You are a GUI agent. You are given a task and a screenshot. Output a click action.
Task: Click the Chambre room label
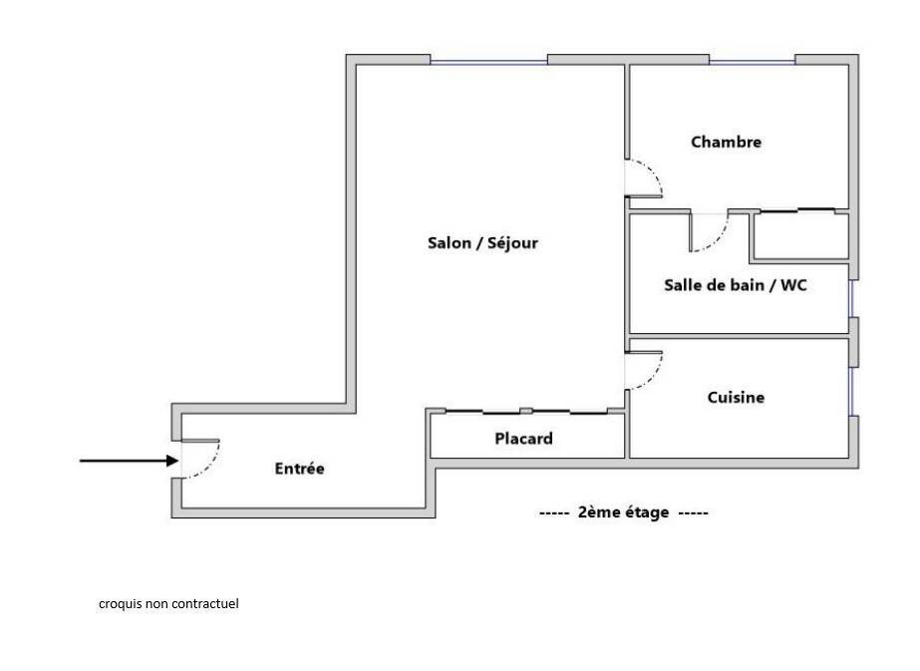click(726, 142)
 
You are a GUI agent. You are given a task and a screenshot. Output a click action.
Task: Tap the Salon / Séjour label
click(482, 242)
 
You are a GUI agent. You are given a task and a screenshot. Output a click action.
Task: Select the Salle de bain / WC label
click(736, 285)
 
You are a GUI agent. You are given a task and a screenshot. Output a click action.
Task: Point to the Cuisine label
click(736, 398)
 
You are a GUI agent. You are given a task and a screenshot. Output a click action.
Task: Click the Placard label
click(523, 439)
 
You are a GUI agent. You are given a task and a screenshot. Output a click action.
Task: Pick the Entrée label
click(299, 469)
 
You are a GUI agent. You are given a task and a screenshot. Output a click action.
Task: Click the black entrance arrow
click(130, 461)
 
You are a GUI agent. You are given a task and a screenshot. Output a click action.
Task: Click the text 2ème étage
click(623, 512)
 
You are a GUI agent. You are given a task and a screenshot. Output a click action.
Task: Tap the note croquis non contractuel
click(168, 603)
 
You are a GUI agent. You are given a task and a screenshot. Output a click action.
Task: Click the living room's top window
click(488, 60)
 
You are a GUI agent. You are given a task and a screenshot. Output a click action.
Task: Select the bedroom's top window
click(753, 60)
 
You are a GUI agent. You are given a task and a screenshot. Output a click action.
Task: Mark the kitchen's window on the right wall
click(852, 392)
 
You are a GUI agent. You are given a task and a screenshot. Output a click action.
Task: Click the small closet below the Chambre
click(801, 236)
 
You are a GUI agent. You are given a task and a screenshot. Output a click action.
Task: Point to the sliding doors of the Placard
click(527, 412)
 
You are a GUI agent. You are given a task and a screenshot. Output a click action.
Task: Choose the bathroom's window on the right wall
click(852, 299)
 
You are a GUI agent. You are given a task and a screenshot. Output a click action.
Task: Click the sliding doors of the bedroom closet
click(797, 210)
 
